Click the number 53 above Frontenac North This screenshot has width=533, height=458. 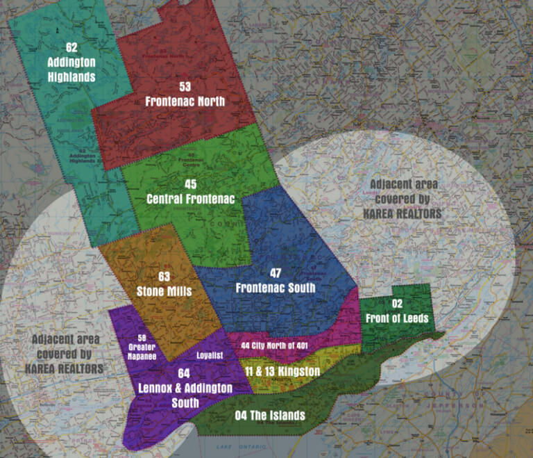[185, 87]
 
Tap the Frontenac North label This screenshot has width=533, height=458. [185, 101]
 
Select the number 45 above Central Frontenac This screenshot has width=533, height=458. [191, 184]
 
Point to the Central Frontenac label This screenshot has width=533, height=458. [191, 199]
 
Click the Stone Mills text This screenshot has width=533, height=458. [164, 291]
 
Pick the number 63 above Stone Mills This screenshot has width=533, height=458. [164, 277]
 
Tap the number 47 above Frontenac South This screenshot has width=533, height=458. [276, 273]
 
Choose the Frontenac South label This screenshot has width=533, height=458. [276, 288]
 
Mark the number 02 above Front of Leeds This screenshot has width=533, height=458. [397, 304]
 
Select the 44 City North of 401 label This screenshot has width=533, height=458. [279, 345]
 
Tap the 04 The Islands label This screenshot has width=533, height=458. [269, 416]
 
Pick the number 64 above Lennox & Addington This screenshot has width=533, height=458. [183, 373]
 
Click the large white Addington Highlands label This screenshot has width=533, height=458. [71, 69]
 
